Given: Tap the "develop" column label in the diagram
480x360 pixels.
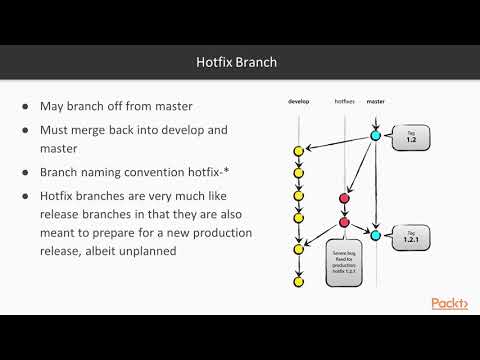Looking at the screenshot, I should [x=300, y=102].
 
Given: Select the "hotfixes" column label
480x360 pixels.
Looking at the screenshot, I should [x=344, y=102].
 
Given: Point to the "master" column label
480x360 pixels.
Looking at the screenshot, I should [x=376, y=102].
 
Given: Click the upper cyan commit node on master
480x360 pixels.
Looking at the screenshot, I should [x=376, y=134].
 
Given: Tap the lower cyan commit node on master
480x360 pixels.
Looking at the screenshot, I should [x=376, y=235].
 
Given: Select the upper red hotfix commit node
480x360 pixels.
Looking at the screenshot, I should [x=344, y=199].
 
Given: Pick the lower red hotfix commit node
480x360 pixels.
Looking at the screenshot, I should [x=344, y=222].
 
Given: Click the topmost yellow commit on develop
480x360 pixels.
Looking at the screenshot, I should [x=298, y=150].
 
